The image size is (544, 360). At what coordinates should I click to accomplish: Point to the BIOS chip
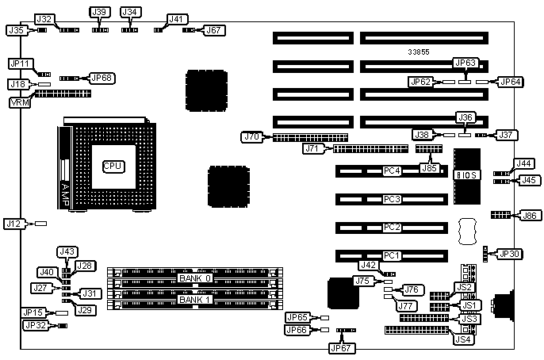[466, 174]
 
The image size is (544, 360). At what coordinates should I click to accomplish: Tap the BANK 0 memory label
[194, 278]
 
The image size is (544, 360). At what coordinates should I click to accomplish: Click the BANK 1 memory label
[194, 300]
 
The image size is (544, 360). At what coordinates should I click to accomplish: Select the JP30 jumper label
[510, 254]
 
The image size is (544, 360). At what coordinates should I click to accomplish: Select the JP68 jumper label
[102, 78]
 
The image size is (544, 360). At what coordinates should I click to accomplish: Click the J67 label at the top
[214, 30]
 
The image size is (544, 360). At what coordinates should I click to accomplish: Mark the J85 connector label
[429, 167]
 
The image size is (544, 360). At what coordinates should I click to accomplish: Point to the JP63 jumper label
[465, 63]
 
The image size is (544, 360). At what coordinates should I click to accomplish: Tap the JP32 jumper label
[34, 325]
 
